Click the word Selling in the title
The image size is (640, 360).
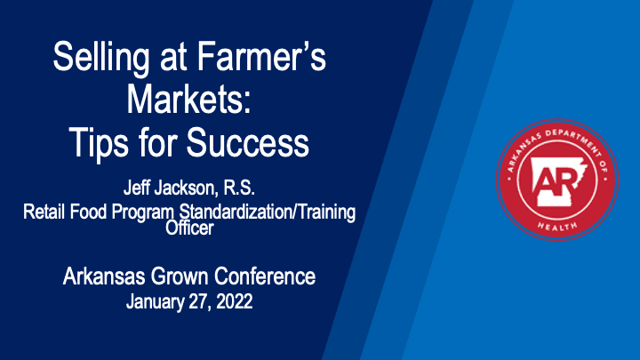pos(101,58)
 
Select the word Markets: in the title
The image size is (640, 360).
pos(188,100)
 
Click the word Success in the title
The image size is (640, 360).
pos(248,142)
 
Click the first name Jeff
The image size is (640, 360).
pos(136,188)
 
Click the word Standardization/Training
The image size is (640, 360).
pos(268,212)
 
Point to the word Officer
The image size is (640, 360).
pos(189,228)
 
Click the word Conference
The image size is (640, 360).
pos(265,276)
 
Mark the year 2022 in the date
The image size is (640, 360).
pos(235,301)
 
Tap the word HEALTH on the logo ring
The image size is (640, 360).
pos(557,226)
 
